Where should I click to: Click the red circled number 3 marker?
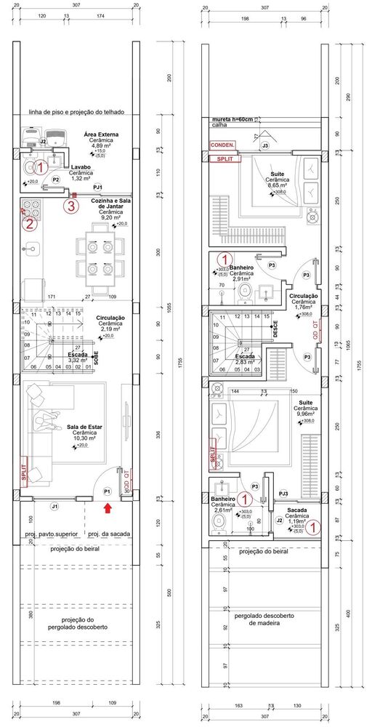click(70, 206)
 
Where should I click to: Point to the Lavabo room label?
click(81, 167)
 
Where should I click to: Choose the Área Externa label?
click(101, 135)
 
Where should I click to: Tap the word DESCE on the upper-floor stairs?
click(275, 329)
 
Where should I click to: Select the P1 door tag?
click(108, 491)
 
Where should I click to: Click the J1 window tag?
click(54, 505)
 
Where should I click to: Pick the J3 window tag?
click(265, 146)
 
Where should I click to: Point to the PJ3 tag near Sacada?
click(283, 493)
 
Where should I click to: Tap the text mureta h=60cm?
click(232, 119)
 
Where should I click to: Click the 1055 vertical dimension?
click(169, 310)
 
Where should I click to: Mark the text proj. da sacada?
click(109, 534)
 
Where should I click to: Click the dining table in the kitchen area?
click(97, 257)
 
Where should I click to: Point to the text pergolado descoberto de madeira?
click(264, 619)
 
